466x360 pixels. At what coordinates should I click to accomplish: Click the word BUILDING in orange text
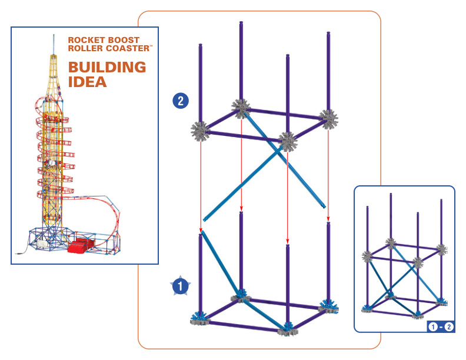click(x=107, y=67)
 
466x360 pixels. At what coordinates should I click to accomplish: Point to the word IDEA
click(x=87, y=82)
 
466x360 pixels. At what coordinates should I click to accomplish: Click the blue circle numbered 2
click(x=181, y=101)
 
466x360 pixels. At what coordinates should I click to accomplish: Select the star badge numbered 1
click(x=180, y=285)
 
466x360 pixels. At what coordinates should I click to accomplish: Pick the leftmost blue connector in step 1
click(x=198, y=318)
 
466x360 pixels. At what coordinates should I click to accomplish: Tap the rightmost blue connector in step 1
click(x=327, y=305)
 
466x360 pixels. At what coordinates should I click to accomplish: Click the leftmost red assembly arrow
click(x=201, y=182)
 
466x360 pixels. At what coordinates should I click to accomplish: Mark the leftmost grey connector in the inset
click(x=368, y=256)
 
